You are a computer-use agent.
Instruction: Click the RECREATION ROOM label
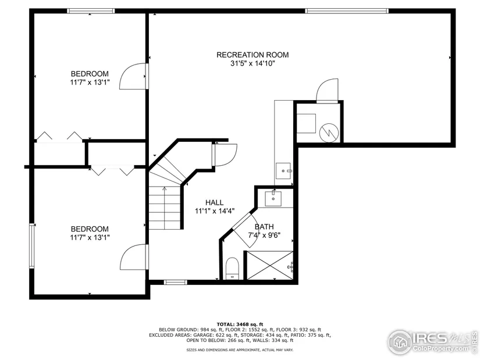pos(253,55)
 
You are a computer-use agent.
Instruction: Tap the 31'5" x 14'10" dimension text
pos(253,63)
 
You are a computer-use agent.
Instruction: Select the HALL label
pos(214,202)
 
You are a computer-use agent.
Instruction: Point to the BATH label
pos(264,227)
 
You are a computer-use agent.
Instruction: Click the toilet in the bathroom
pos(232,269)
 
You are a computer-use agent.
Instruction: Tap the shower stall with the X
pos(270,265)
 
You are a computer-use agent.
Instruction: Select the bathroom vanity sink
pos(273,198)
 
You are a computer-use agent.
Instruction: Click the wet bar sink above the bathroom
pos(283,170)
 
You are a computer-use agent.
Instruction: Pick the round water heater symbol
pos(329,133)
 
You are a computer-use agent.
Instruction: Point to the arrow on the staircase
pos(165,208)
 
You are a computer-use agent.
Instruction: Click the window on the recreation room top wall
pos(347,11)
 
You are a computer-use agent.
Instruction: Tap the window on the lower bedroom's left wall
pos(32,246)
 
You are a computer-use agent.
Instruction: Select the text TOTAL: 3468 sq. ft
pos(240,324)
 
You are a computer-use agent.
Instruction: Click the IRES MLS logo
pos(432,342)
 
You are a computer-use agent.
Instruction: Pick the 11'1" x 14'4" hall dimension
pos(215,211)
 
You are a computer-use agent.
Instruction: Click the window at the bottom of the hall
pos(175,282)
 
